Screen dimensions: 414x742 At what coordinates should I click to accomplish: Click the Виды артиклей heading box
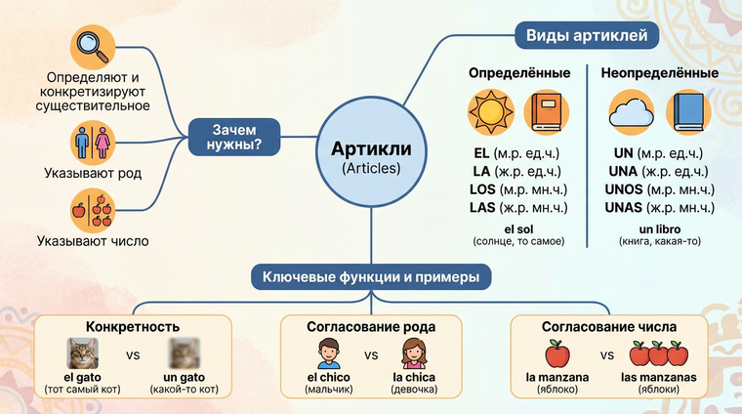click(x=586, y=37)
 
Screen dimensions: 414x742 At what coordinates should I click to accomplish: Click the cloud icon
click(x=630, y=113)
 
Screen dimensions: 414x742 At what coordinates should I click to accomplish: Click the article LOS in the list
click(x=481, y=189)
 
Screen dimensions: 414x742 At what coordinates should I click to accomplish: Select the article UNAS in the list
click(x=623, y=208)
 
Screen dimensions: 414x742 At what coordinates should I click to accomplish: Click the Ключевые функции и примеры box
click(x=371, y=277)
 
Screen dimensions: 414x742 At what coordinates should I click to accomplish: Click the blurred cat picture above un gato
click(x=185, y=352)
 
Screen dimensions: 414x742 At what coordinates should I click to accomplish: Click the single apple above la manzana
click(x=556, y=354)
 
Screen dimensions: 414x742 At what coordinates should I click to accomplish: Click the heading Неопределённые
click(x=660, y=73)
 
